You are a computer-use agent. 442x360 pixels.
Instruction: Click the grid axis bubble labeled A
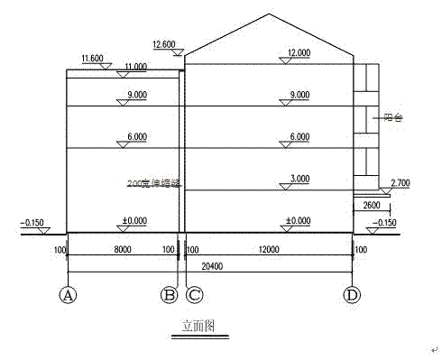(x=67, y=294)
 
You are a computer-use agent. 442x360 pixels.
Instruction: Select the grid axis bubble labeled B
(x=169, y=294)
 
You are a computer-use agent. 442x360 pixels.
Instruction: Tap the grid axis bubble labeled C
(x=192, y=294)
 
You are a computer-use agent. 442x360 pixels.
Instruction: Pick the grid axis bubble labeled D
(x=353, y=294)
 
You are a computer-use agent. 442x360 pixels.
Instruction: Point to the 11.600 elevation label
(x=92, y=59)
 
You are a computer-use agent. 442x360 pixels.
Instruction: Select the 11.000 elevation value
(x=136, y=67)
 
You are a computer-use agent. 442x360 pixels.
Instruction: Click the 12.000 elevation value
(x=297, y=51)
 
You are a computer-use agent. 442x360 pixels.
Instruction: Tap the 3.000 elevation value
(x=297, y=180)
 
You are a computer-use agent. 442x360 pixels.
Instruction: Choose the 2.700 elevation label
(x=401, y=182)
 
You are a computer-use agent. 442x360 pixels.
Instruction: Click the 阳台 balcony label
(x=392, y=116)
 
